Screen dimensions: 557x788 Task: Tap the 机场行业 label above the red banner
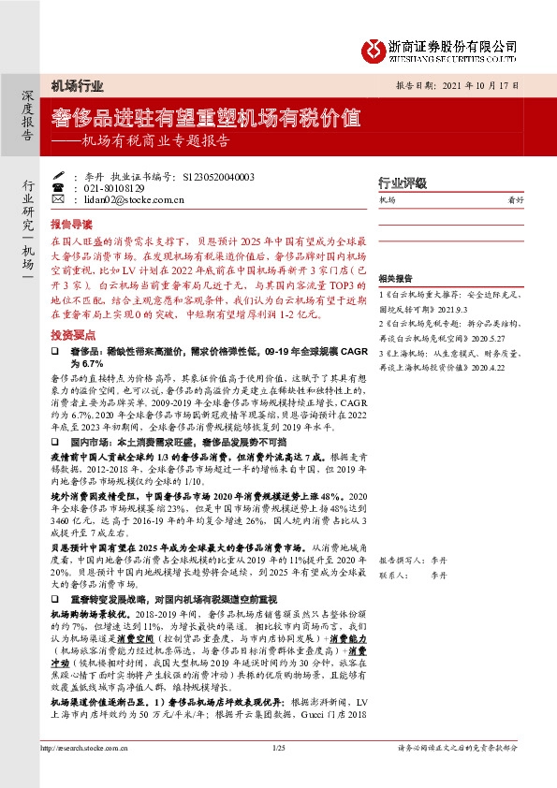pos(77,86)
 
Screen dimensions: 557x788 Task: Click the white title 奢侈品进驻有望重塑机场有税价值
pos(207,118)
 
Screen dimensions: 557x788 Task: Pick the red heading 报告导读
pos(71,225)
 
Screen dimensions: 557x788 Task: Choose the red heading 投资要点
pos(71,333)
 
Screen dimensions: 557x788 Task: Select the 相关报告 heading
pos(395,280)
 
